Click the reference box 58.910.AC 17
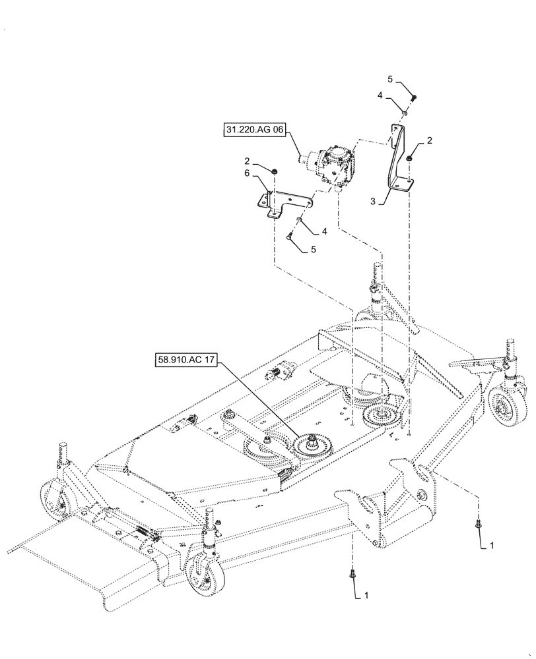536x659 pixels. click(187, 360)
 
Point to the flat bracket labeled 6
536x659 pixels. click(284, 201)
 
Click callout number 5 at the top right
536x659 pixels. click(390, 80)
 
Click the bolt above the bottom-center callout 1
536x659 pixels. click(352, 575)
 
